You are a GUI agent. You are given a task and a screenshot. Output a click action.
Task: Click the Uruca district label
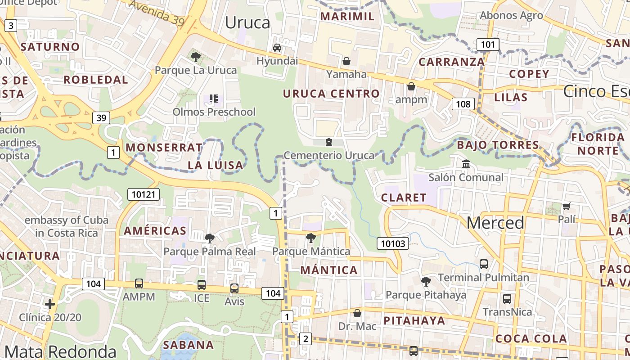click(x=247, y=22)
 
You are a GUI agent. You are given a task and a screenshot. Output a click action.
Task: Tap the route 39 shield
click(x=101, y=118)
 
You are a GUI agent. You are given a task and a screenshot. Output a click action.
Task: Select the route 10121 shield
click(x=144, y=194)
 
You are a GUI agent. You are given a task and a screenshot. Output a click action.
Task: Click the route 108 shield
click(x=463, y=104)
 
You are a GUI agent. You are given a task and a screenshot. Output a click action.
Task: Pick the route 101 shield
click(x=488, y=44)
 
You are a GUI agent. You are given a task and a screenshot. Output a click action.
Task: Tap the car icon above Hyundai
click(x=277, y=48)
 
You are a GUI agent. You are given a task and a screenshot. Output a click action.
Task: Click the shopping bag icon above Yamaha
click(x=346, y=61)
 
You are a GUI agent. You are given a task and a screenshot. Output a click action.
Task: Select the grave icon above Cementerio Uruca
click(x=329, y=143)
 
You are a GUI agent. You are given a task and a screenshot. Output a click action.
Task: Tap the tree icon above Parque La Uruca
click(x=195, y=57)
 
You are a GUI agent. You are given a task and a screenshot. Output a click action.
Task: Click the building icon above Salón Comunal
click(x=466, y=164)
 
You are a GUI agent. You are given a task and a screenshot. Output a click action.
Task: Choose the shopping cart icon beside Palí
click(x=566, y=206)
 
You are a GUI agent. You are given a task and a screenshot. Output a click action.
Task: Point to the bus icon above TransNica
click(x=507, y=298)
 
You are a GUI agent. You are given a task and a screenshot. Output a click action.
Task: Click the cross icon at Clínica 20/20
click(x=50, y=304)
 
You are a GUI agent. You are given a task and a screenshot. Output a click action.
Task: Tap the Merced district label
click(x=495, y=223)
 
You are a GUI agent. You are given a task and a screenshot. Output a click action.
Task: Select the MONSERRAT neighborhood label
click(x=164, y=148)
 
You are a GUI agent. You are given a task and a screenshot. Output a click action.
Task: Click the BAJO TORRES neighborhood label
click(x=498, y=145)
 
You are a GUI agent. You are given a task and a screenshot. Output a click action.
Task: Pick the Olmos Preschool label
click(x=214, y=112)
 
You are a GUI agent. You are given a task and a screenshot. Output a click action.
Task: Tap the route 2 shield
click(x=306, y=339)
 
